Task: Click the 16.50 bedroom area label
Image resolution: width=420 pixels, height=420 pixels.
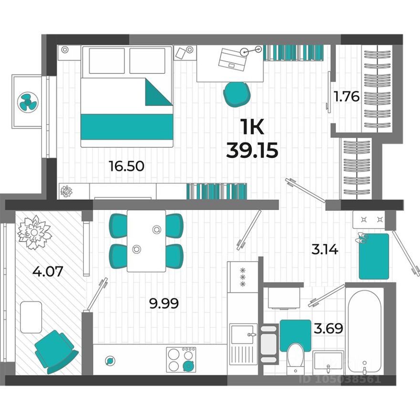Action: point(126,166)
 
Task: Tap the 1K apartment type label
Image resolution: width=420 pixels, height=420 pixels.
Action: point(252,128)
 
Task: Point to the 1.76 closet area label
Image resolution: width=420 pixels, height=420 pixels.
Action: point(346,97)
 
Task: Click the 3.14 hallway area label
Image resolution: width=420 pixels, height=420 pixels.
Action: point(325,249)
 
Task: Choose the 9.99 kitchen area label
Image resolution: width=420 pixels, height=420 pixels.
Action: point(164,303)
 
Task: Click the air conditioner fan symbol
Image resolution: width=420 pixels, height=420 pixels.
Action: point(27,102)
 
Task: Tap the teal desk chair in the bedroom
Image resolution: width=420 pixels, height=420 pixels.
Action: point(237,93)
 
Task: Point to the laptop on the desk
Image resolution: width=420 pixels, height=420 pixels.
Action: point(232,59)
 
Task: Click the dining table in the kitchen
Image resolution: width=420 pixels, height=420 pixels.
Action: point(146,241)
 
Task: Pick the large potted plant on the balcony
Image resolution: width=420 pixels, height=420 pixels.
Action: point(34,232)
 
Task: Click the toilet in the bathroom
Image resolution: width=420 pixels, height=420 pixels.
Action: point(295,358)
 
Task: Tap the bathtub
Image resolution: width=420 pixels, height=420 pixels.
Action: point(364,329)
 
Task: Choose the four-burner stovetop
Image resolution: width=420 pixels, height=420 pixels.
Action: point(181,359)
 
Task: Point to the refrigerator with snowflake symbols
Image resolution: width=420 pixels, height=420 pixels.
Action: point(242,277)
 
